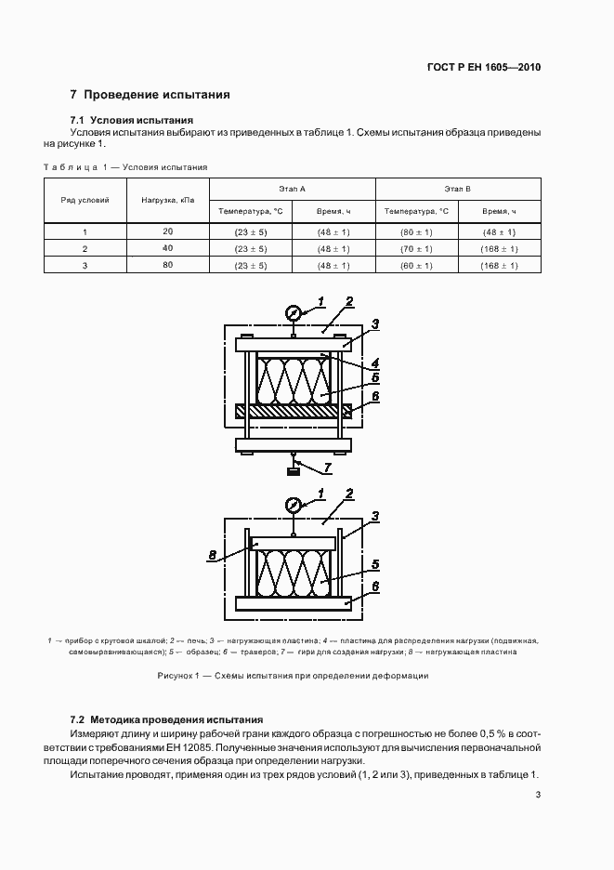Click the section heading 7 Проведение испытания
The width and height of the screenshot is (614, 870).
(150, 95)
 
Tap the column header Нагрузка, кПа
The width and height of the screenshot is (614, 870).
(167, 200)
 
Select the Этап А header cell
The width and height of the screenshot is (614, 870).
(292, 189)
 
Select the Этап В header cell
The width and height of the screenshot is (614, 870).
(457, 189)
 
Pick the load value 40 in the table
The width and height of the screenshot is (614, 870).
(167, 248)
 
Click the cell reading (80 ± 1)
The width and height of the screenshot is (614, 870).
(416, 231)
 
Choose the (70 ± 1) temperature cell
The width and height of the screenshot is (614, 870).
(416, 249)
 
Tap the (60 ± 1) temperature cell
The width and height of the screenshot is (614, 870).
(416, 266)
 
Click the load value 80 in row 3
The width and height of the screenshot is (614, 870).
(167, 266)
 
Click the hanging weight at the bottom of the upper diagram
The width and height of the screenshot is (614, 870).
(293, 472)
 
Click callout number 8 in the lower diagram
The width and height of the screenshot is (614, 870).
(213, 556)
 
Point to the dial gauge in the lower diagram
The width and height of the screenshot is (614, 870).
(293, 505)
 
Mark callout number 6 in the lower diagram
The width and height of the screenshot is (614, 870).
(375, 587)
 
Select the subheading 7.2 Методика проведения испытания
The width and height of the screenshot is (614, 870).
(167, 720)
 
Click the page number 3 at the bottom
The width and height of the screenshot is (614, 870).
(538, 794)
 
